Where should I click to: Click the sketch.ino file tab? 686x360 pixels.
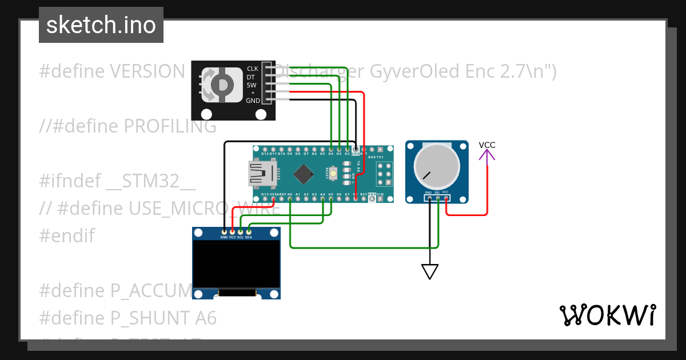pos(101,25)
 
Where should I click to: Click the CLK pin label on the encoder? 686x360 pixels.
pos(252,69)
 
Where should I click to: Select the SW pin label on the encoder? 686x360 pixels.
pos(252,85)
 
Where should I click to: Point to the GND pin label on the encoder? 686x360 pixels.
pos(252,101)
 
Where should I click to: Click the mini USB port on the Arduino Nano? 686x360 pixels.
pos(262,173)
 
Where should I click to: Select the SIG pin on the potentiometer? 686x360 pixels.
pos(437,198)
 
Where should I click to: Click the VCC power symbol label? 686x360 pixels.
pos(487,145)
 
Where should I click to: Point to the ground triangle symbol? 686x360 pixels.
pos(430,271)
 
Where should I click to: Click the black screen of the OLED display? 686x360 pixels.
pos(236,264)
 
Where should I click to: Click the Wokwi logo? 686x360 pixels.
pos(607,315)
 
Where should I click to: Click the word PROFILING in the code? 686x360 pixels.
pos(170,126)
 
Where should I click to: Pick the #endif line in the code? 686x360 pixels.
pos(67,235)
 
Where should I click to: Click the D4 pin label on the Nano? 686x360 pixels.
pos(331,154)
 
